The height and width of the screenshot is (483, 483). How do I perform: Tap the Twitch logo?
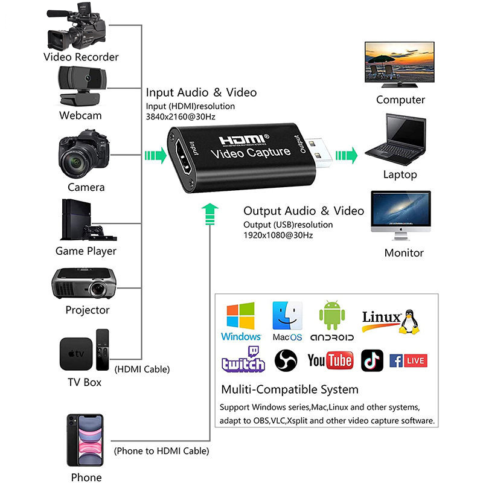(x=243, y=360)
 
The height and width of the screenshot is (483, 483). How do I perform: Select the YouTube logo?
(x=330, y=361)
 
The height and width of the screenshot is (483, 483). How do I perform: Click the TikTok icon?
(x=372, y=360)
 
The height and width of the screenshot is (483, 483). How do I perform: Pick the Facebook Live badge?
(x=408, y=361)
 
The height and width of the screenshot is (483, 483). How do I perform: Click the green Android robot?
(x=331, y=314)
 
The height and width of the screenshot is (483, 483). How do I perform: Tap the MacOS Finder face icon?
(x=287, y=315)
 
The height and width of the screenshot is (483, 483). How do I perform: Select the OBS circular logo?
(x=286, y=360)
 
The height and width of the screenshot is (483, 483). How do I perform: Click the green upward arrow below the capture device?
(x=210, y=213)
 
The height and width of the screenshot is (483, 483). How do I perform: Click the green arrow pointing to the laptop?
(x=346, y=155)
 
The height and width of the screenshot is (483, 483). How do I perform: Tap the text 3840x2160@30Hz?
(x=180, y=117)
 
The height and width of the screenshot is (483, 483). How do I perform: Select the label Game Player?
(x=86, y=251)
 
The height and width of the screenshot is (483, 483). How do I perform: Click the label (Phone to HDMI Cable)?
(x=161, y=451)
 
